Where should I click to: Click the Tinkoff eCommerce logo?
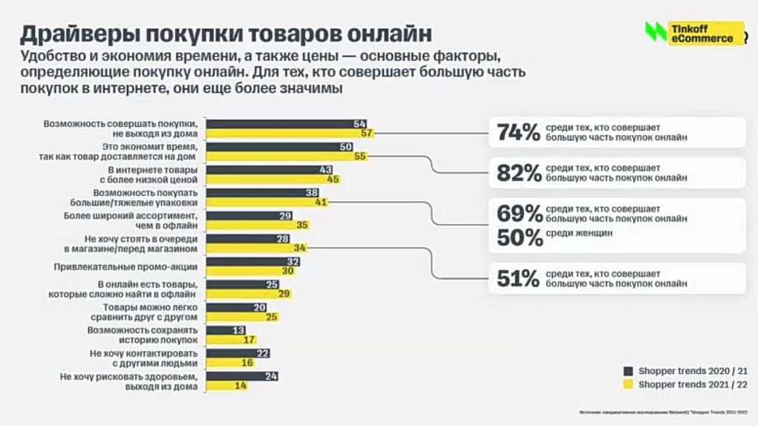point(694,33)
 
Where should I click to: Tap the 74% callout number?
point(517,132)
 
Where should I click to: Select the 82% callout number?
point(517,173)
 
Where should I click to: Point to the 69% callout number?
point(519,214)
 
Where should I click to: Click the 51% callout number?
point(517,278)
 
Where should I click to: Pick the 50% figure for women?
point(519,237)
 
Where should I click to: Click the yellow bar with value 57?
point(289,134)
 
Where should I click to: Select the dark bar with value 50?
point(279,147)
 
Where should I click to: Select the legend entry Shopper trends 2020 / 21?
point(683,370)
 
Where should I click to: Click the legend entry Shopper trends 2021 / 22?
point(683,384)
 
